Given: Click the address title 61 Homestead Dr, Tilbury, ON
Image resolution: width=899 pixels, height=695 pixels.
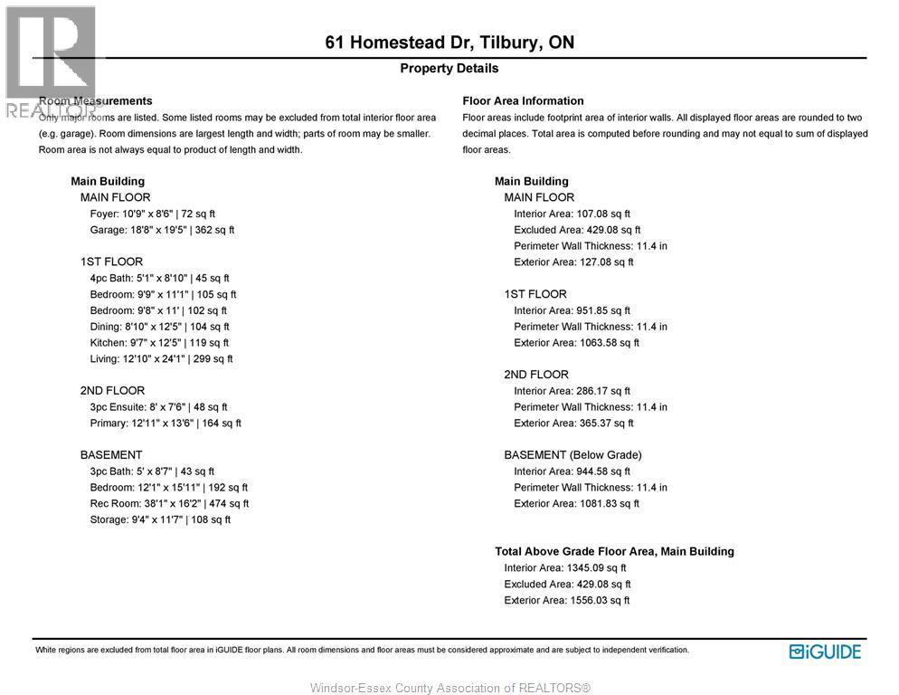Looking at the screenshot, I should (x=449, y=43).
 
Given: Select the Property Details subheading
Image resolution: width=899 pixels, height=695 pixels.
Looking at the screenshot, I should (x=449, y=68).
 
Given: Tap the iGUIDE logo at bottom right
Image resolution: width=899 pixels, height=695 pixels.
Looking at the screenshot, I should (x=825, y=652).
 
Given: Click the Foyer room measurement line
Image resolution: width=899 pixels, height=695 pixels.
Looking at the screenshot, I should (x=152, y=214).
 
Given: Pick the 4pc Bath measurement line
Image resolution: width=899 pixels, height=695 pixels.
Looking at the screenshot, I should (x=159, y=278).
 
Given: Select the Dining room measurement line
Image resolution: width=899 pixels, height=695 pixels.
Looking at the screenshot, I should (x=159, y=327).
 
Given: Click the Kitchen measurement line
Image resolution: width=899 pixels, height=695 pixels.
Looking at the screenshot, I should (x=159, y=343).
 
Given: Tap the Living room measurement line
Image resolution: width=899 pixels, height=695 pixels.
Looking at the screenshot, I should (x=161, y=359).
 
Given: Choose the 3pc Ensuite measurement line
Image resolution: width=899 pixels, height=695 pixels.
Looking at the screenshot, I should (x=158, y=407).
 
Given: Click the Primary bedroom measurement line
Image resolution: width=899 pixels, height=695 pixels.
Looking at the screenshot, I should (x=166, y=424).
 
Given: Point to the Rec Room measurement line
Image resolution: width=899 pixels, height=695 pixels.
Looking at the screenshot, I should (x=169, y=503).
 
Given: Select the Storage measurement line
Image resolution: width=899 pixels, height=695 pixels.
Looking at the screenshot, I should (x=160, y=519).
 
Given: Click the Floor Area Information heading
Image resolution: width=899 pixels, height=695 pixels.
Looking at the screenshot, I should (x=523, y=100).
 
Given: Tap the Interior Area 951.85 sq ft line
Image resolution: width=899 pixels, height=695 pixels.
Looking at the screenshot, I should (x=572, y=310).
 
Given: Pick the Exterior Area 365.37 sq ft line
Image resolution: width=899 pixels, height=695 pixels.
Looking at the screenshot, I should (x=573, y=424).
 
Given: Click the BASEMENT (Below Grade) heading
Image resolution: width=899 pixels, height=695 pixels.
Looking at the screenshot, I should (x=573, y=455).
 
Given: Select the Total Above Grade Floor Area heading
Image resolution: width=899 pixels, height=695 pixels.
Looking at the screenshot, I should (x=614, y=551).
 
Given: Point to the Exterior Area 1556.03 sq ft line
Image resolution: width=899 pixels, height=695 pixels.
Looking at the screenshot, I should (x=567, y=600).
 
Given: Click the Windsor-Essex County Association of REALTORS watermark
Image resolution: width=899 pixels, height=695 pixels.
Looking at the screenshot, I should (x=449, y=688).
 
